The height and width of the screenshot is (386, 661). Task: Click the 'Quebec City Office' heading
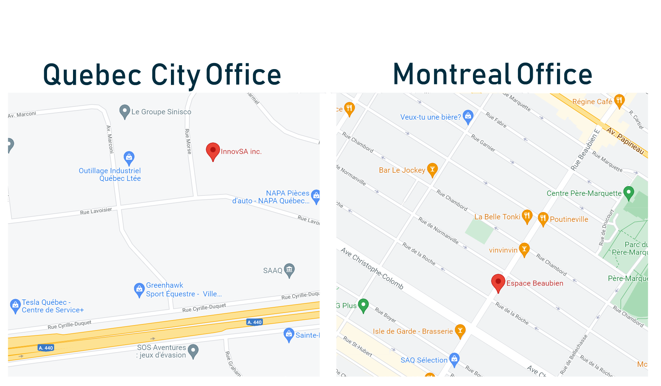[162, 75]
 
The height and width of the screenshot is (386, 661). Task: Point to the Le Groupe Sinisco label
[161, 112]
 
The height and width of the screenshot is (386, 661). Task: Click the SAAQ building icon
[289, 270]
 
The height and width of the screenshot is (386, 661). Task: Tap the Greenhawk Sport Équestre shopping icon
[139, 289]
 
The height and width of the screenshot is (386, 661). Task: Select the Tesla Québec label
[46, 302]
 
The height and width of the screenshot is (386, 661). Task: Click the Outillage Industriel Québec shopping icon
[129, 157]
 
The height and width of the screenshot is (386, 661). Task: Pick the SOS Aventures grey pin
[193, 350]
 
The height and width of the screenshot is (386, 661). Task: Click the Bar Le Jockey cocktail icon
[432, 169]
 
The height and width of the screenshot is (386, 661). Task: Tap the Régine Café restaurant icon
[619, 101]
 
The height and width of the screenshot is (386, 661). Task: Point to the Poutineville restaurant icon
[543, 218]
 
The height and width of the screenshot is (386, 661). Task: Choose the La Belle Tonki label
[497, 217]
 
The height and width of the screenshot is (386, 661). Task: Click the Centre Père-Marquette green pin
[629, 193]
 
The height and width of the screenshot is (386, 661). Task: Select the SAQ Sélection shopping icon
[454, 359]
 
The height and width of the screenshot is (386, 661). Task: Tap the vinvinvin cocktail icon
[524, 249]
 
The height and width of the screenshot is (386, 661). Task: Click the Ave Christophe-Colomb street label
[372, 268]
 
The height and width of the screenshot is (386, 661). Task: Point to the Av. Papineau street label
[625, 141]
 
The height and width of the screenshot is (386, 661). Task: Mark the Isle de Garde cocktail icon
[460, 331]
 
